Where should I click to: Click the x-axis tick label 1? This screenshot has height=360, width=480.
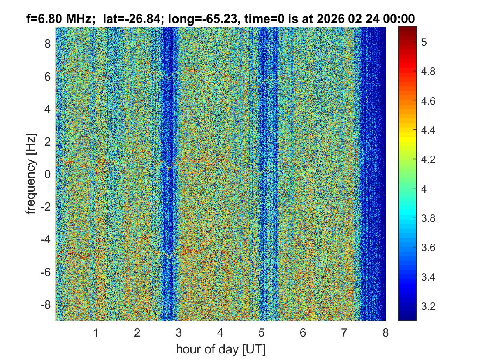tap(96, 333)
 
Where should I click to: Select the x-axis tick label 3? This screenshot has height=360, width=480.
tap(179, 333)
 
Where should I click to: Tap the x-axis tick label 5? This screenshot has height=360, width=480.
tap(262, 333)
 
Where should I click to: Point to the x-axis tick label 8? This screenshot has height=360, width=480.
tap(385, 333)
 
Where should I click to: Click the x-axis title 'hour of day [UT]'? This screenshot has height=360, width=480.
tap(220, 350)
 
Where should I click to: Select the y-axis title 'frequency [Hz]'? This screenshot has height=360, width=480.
tap(31, 173)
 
